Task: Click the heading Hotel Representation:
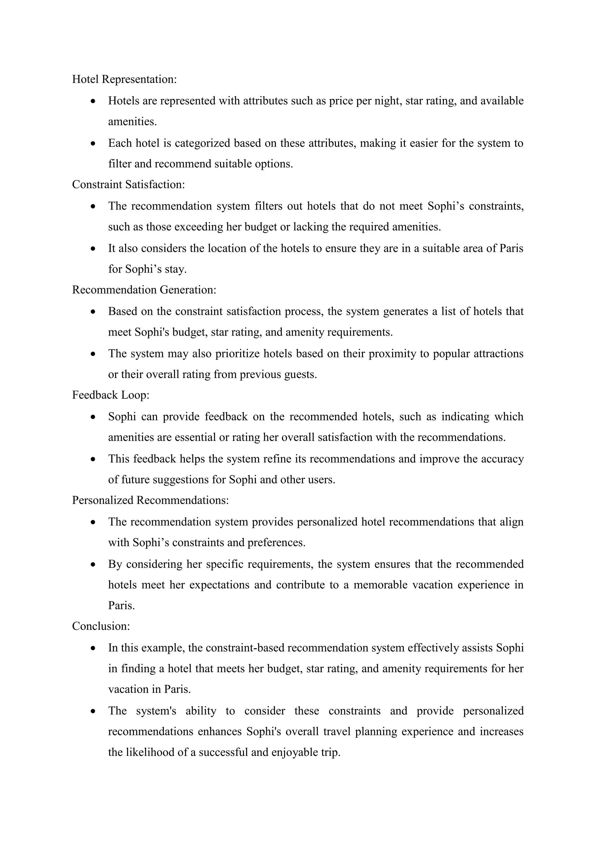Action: pyautogui.click(x=124, y=79)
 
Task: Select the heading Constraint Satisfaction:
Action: pyautogui.click(x=128, y=184)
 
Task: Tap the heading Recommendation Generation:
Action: pyautogui.click(x=144, y=290)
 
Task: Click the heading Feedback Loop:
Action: pyautogui.click(x=111, y=395)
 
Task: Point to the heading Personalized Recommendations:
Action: pyautogui.click(x=150, y=500)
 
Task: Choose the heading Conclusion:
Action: pyautogui.click(x=101, y=626)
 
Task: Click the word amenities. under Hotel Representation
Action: pyautogui.click(x=132, y=121)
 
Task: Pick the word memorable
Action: pyautogui.click(x=380, y=585)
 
